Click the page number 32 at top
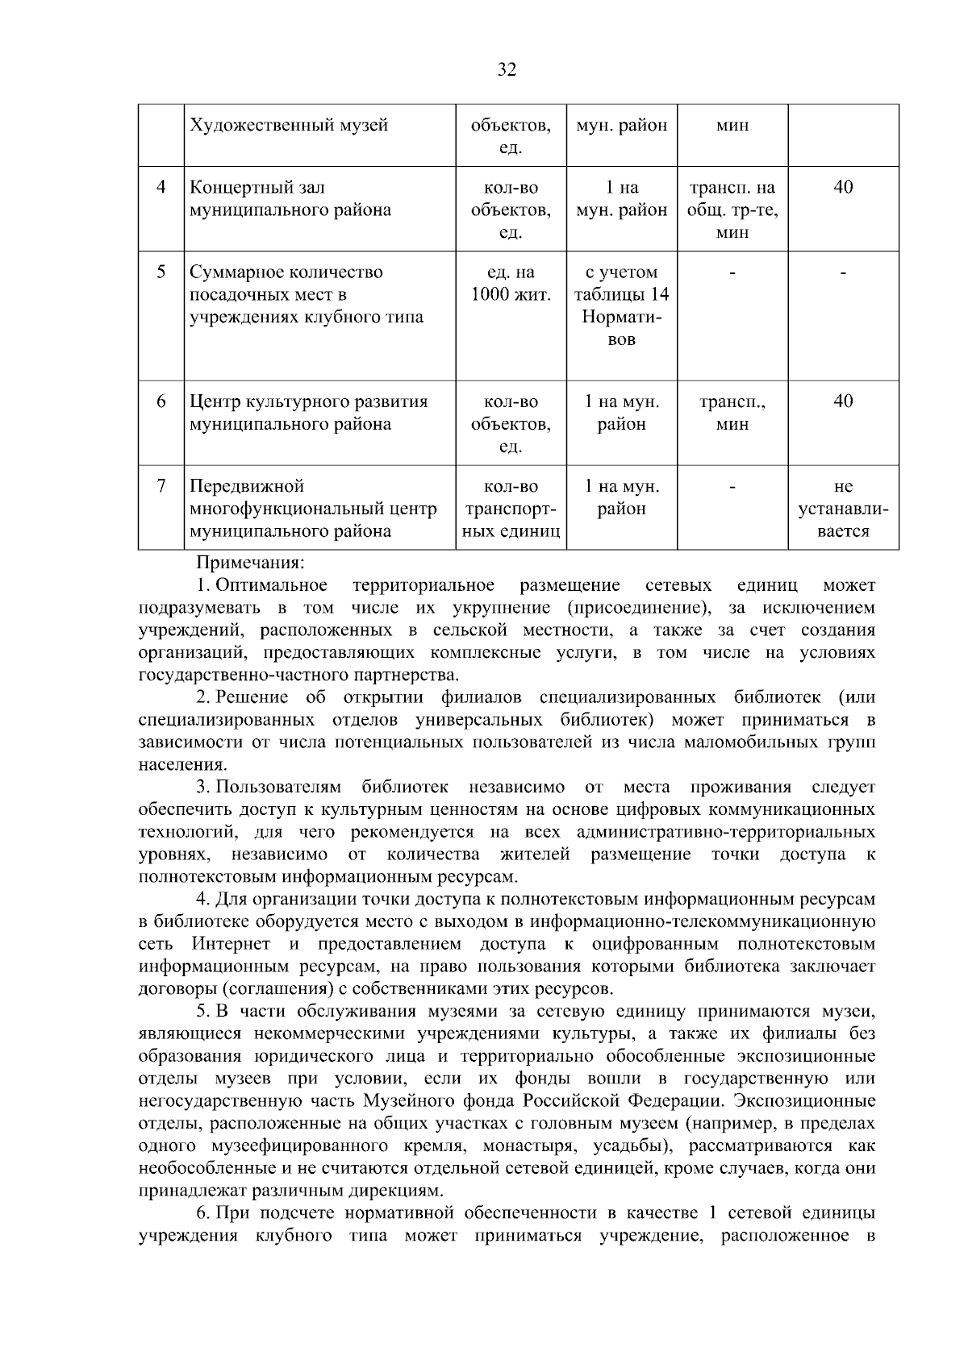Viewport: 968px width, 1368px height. (507, 69)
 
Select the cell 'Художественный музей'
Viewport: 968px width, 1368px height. (289, 126)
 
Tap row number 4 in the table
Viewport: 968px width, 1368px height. (161, 188)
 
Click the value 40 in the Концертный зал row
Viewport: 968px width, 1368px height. (843, 188)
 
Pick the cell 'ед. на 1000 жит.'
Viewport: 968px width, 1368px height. (511, 284)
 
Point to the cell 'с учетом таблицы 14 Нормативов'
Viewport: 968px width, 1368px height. (621, 306)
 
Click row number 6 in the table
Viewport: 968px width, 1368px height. (161, 401)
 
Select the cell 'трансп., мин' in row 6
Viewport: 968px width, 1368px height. (732, 413)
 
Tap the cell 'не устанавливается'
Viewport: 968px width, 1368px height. (843, 509)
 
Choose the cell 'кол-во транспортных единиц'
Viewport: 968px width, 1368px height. (511, 509)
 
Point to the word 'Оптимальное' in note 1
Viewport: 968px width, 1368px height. (271, 584)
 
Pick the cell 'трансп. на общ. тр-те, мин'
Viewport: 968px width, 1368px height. (732, 210)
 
